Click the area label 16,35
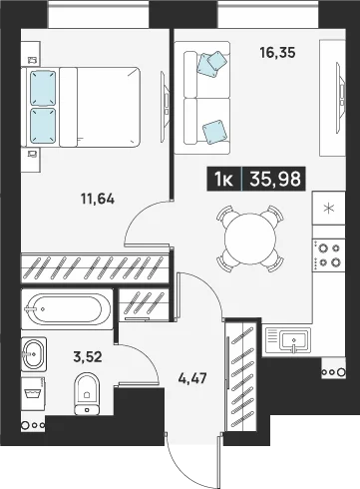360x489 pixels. point(277,53)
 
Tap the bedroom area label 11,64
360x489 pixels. point(98,199)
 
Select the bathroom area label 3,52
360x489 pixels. point(88,357)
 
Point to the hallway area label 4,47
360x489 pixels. point(192,378)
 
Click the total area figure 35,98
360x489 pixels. point(275,179)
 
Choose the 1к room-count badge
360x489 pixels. point(224,179)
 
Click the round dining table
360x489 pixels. point(250,239)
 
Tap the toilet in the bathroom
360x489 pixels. point(87,393)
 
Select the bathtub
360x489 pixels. point(67,309)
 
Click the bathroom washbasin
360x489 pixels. point(34,354)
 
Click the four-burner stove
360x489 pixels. point(329,255)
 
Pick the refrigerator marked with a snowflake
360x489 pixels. point(329,209)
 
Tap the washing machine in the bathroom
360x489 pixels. point(33,394)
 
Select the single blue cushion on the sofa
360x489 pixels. point(214,132)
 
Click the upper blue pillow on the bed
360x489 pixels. point(43,88)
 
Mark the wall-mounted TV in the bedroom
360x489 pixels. point(165,107)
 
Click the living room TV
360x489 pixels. point(340,98)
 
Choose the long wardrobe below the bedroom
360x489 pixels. point(95,267)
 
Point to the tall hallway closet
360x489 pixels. point(242,375)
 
